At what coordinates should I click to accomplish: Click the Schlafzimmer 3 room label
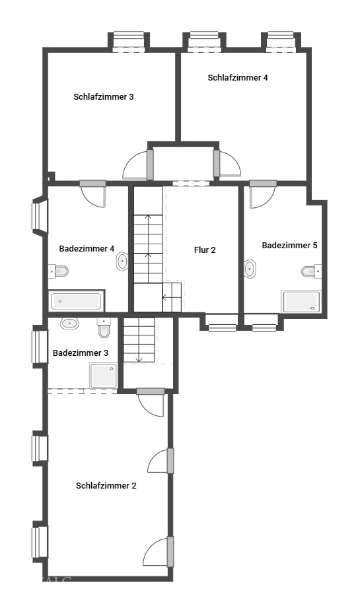click(x=104, y=97)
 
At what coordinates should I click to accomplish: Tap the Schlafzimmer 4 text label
click(x=238, y=78)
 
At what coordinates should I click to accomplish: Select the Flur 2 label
click(x=205, y=250)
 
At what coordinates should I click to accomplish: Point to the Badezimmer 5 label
click(x=289, y=246)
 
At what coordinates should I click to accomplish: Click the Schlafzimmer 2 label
click(x=106, y=486)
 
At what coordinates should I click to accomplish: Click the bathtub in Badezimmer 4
click(x=77, y=302)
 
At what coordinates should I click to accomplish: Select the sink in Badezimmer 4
click(x=122, y=262)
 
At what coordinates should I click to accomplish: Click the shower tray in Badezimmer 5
click(x=301, y=301)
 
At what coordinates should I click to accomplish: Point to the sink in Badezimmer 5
click(x=250, y=269)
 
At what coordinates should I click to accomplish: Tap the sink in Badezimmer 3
click(x=69, y=324)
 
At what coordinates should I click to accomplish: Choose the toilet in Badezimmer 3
click(x=104, y=326)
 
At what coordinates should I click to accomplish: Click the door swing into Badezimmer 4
click(x=92, y=195)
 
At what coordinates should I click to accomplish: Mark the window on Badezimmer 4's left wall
click(x=39, y=217)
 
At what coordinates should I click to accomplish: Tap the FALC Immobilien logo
click(x=48, y=585)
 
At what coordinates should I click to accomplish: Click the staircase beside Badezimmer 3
click(x=139, y=340)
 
